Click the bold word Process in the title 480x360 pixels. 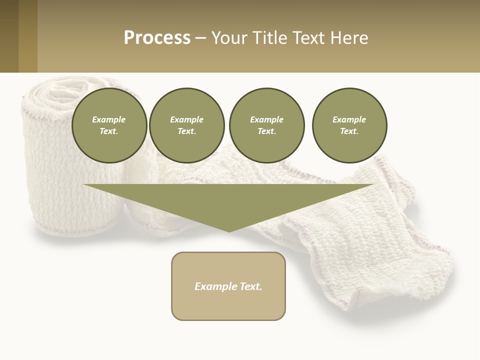pos(157,38)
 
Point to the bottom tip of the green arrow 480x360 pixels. pos(229,231)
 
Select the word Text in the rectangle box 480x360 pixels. pos(251,286)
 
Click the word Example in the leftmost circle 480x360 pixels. pos(109,119)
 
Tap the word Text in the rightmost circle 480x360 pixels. pos(349,131)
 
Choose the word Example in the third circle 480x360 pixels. pos(266,119)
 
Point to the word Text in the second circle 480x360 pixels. pos(186,131)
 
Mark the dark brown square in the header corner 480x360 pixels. pos(9,36)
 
